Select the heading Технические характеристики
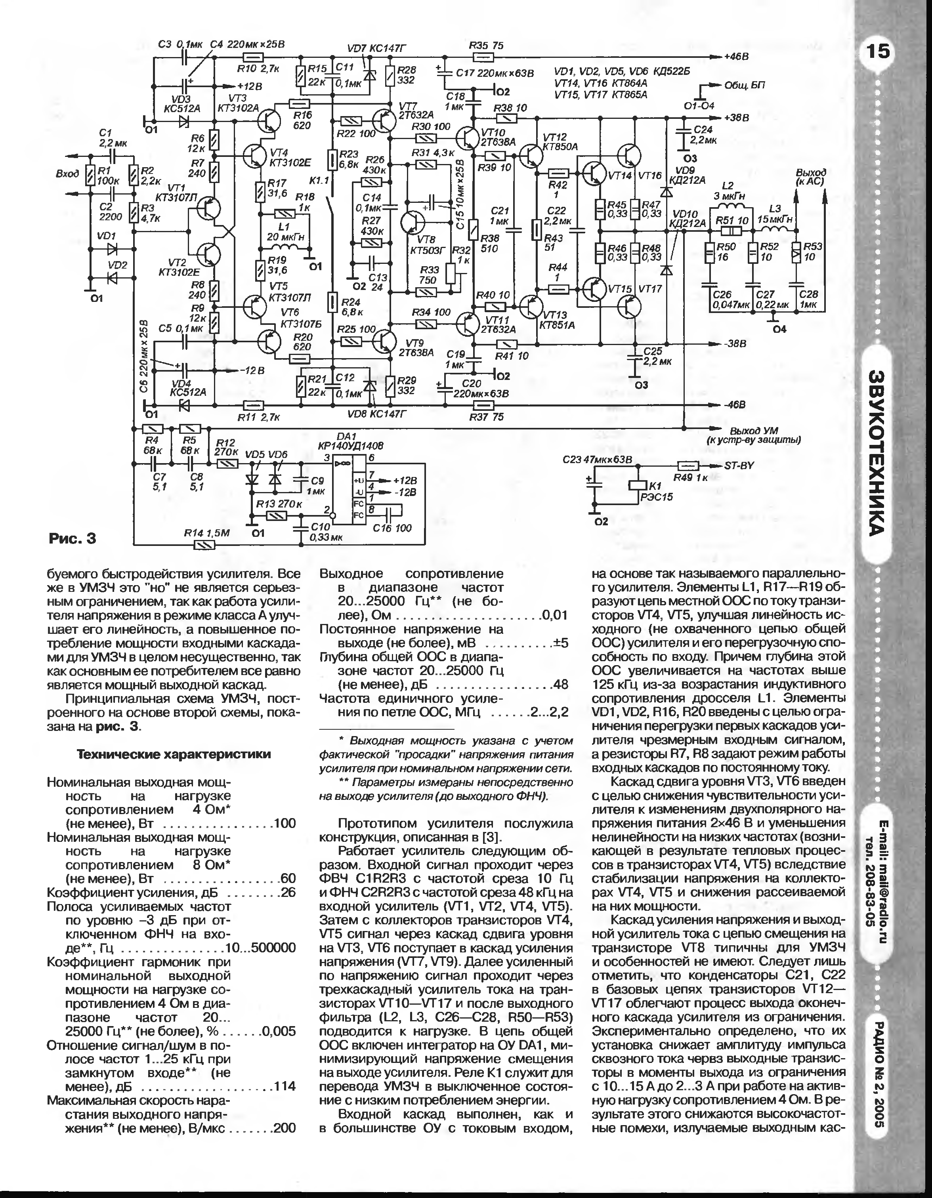click(x=174, y=754)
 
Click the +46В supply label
click(x=736, y=57)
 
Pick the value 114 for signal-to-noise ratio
click(x=285, y=1086)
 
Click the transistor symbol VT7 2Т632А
click(x=383, y=121)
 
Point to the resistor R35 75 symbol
click(x=482, y=57)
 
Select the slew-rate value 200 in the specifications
click(x=284, y=1128)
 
